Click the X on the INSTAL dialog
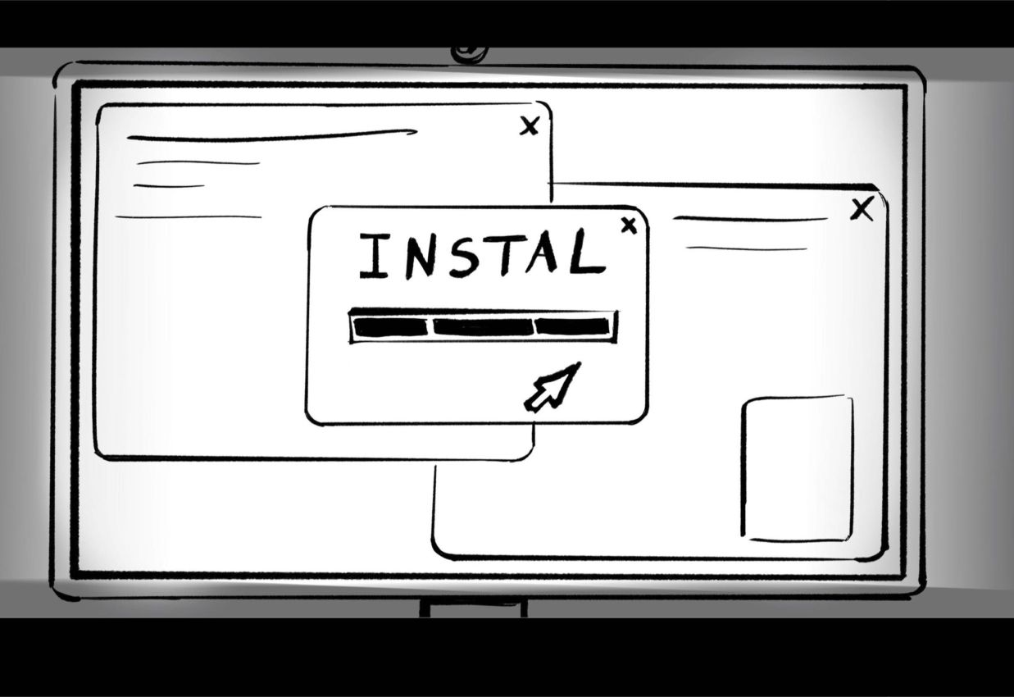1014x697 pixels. coord(629,225)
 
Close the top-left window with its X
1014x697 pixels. coord(530,125)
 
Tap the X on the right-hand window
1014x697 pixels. coord(862,210)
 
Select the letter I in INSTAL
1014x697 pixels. coord(374,256)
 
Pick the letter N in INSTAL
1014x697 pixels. coord(416,256)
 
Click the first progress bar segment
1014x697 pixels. coord(390,327)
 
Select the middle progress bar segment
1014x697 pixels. coord(483,327)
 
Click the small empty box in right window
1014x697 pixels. coord(798,468)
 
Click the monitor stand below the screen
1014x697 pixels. coord(473,608)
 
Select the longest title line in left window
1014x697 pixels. coord(271,136)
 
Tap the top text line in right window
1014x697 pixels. coord(750,219)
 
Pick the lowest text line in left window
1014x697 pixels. coord(189,217)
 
